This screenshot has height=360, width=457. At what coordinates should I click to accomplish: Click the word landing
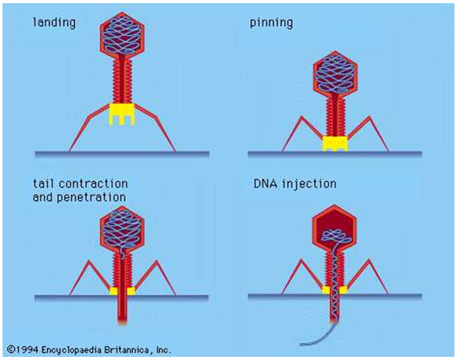point(54,23)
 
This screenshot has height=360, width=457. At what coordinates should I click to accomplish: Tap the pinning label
point(271,23)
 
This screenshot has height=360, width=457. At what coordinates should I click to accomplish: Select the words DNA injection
point(295,184)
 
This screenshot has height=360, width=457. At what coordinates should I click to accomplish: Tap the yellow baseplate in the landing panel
point(122,114)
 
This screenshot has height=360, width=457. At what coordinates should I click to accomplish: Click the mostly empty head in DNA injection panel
point(334,226)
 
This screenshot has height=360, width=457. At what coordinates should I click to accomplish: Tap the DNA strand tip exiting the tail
point(302,344)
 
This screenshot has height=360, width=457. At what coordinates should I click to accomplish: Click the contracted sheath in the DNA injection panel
point(334,267)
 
